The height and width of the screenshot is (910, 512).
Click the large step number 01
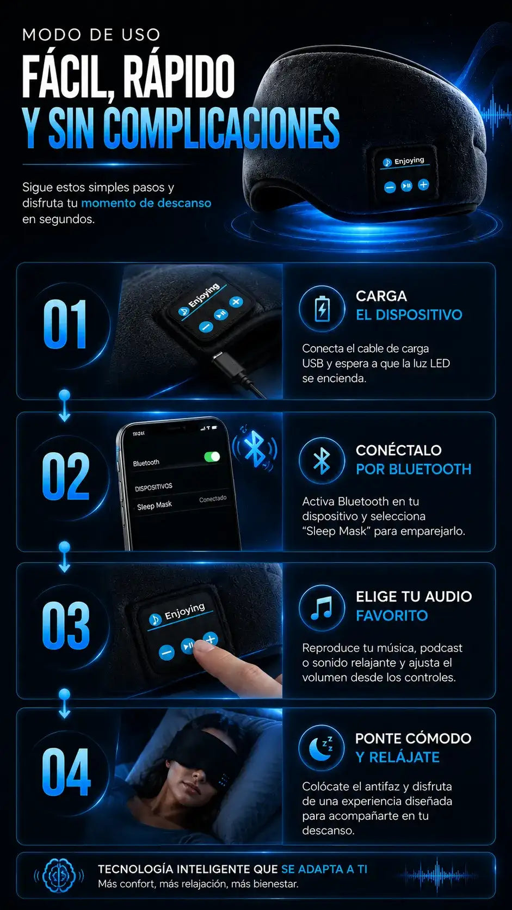65,324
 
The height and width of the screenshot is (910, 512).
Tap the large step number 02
66,476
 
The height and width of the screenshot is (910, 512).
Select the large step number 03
66,626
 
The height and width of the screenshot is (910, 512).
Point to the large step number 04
66,772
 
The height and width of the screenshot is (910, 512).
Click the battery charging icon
323,309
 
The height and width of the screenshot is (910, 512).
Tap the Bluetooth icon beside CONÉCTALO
322,460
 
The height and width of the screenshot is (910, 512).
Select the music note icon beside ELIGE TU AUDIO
322,608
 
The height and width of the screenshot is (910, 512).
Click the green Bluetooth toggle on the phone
212,457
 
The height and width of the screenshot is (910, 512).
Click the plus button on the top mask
423,185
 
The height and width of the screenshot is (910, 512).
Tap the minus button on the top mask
390,187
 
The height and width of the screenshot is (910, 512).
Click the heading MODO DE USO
91,35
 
